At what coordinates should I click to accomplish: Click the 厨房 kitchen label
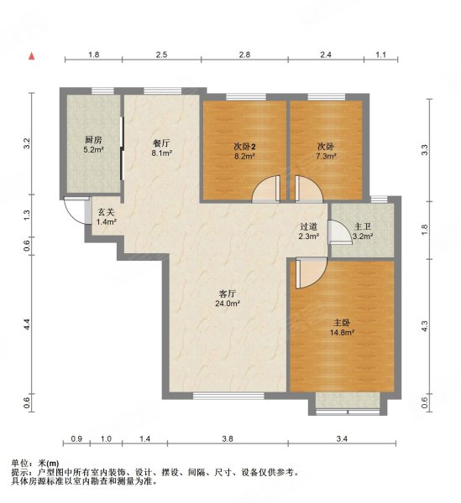coord(93,139)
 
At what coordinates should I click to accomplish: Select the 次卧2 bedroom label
coord(244,146)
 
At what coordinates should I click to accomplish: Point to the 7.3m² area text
coord(325,156)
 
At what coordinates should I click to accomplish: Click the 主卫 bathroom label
coord(362,226)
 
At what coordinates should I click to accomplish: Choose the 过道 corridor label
coord(309,226)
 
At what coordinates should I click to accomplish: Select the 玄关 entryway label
coord(105,210)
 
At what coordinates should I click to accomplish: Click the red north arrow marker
coord(32,56)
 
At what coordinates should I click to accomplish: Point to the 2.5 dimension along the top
coord(161,54)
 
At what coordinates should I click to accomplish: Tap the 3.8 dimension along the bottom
coord(228,438)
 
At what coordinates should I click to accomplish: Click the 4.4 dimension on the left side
coord(28,322)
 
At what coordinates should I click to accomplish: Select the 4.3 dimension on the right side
coord(425,325)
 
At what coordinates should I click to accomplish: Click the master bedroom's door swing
coord(304,271)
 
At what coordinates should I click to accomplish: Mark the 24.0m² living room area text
coord(227,304)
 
